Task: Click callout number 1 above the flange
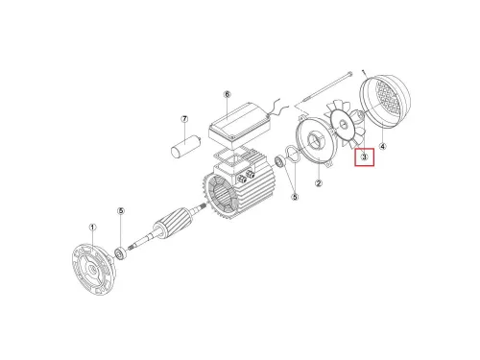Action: click(x=93, y=228)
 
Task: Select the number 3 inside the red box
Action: click(x=365, y=156)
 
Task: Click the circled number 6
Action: click(x=228, y=95)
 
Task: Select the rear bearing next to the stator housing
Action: click(x=283, y=159)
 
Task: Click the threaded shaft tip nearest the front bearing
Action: click(x=136, y=249)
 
